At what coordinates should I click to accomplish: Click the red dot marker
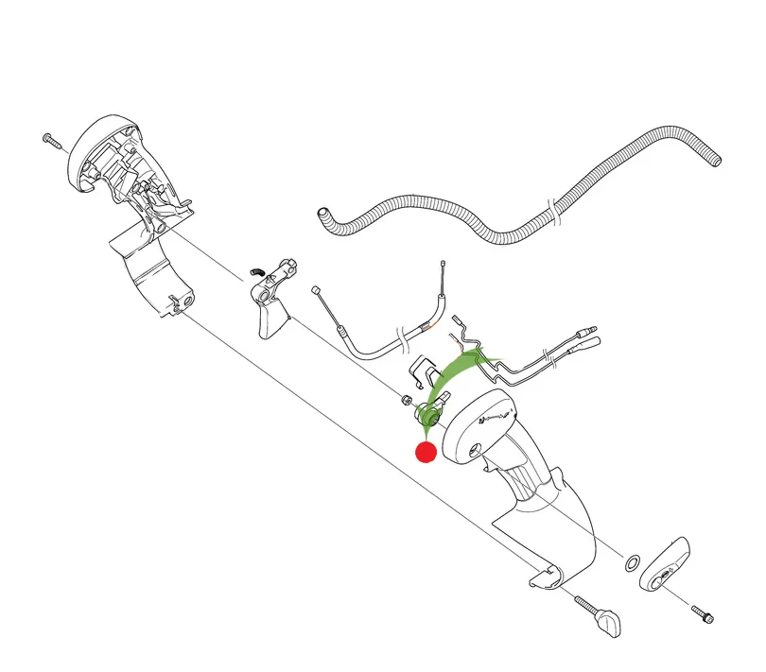tap(426, 452)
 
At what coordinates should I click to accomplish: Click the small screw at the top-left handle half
tap(51, 140)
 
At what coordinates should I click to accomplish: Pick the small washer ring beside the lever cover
tap(633, 563)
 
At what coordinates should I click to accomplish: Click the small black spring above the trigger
tap(254, 272)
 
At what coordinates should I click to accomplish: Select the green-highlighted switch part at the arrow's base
tap(431, 412)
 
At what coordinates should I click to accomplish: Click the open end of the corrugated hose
tap(322, 216)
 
